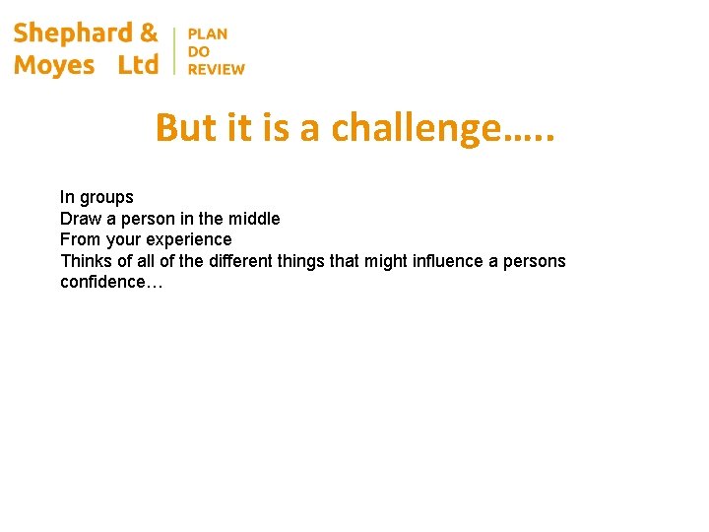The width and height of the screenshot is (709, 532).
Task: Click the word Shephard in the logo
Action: pyautogui.click(x=73, y=33)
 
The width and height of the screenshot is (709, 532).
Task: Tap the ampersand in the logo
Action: pyautogui.click(x=149, y=33)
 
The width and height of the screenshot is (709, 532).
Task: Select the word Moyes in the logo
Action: pyautogui.click(x=54, y=65)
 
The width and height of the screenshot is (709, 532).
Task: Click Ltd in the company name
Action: pyautogui.click(x=138, y=65)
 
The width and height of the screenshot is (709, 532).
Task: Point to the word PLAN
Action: pyautogui.click(x=208, y=33)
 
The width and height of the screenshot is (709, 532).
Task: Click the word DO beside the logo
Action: pyautogui.click(x=198, y=51)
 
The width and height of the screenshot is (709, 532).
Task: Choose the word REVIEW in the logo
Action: pyautogui.click(x=217, y=69)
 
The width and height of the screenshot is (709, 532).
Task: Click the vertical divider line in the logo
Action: pyautogui.click(x=174, y=50)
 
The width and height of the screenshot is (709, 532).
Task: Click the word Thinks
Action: pyautogui.click(x=84, y=261)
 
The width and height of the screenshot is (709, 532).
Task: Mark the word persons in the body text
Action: pyautogui.click(x=535, y=261)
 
